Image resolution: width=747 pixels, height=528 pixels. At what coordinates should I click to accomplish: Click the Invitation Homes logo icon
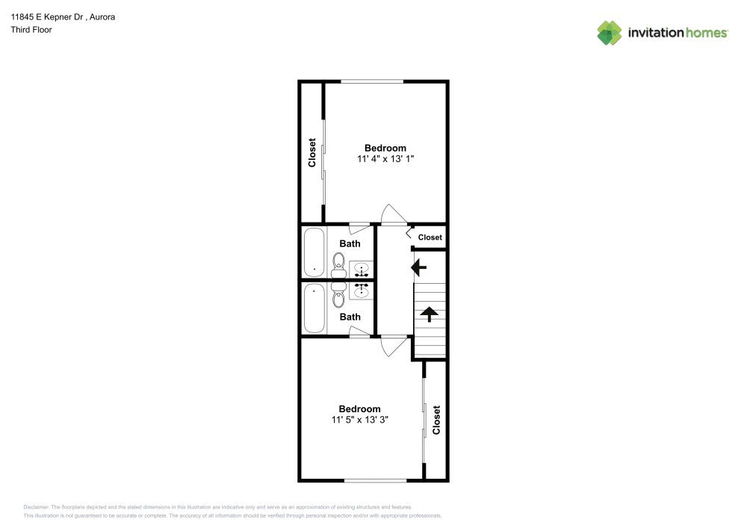[x=610, y=33]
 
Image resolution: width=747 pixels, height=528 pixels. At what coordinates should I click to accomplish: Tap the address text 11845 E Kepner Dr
[x=47, y=17]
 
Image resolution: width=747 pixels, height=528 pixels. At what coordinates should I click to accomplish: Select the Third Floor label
[x=31, y=30]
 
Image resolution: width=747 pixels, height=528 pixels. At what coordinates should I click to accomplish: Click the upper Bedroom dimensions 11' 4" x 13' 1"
[x=385, y=158]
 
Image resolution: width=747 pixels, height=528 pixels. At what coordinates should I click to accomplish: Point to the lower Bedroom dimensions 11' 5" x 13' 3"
[x=360, y=420]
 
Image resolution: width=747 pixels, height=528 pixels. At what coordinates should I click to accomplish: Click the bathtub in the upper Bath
[x=314, y=252]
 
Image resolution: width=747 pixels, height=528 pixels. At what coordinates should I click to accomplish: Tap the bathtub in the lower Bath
[x=314, y=308]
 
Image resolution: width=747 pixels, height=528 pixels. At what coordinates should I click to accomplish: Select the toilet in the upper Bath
[x=338, y=265]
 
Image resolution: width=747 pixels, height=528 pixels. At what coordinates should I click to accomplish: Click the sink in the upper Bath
[x=361, y=270]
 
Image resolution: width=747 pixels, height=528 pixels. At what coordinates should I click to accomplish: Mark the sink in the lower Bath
[x=361, y=291]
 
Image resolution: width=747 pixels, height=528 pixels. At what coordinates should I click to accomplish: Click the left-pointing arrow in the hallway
[x=419, y=267]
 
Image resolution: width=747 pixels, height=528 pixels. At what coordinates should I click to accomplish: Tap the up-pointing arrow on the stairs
[x=430, y=314]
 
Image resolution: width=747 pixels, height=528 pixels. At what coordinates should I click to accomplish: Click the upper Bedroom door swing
[x=394, y=214]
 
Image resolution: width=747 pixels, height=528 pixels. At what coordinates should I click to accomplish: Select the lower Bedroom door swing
[x=394, y=346]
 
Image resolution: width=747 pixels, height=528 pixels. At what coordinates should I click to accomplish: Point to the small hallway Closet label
[x=430, y=237]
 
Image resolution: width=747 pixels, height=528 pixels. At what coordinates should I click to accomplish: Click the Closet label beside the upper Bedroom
[x=312, y=153]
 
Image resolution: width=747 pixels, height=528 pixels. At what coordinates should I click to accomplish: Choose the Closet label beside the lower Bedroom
[x=436, y=420]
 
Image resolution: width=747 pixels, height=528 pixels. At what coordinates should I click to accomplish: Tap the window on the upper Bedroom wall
[x=372, y=81]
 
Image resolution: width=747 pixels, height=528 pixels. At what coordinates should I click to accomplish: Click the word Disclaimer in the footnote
[x=36, y=507]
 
